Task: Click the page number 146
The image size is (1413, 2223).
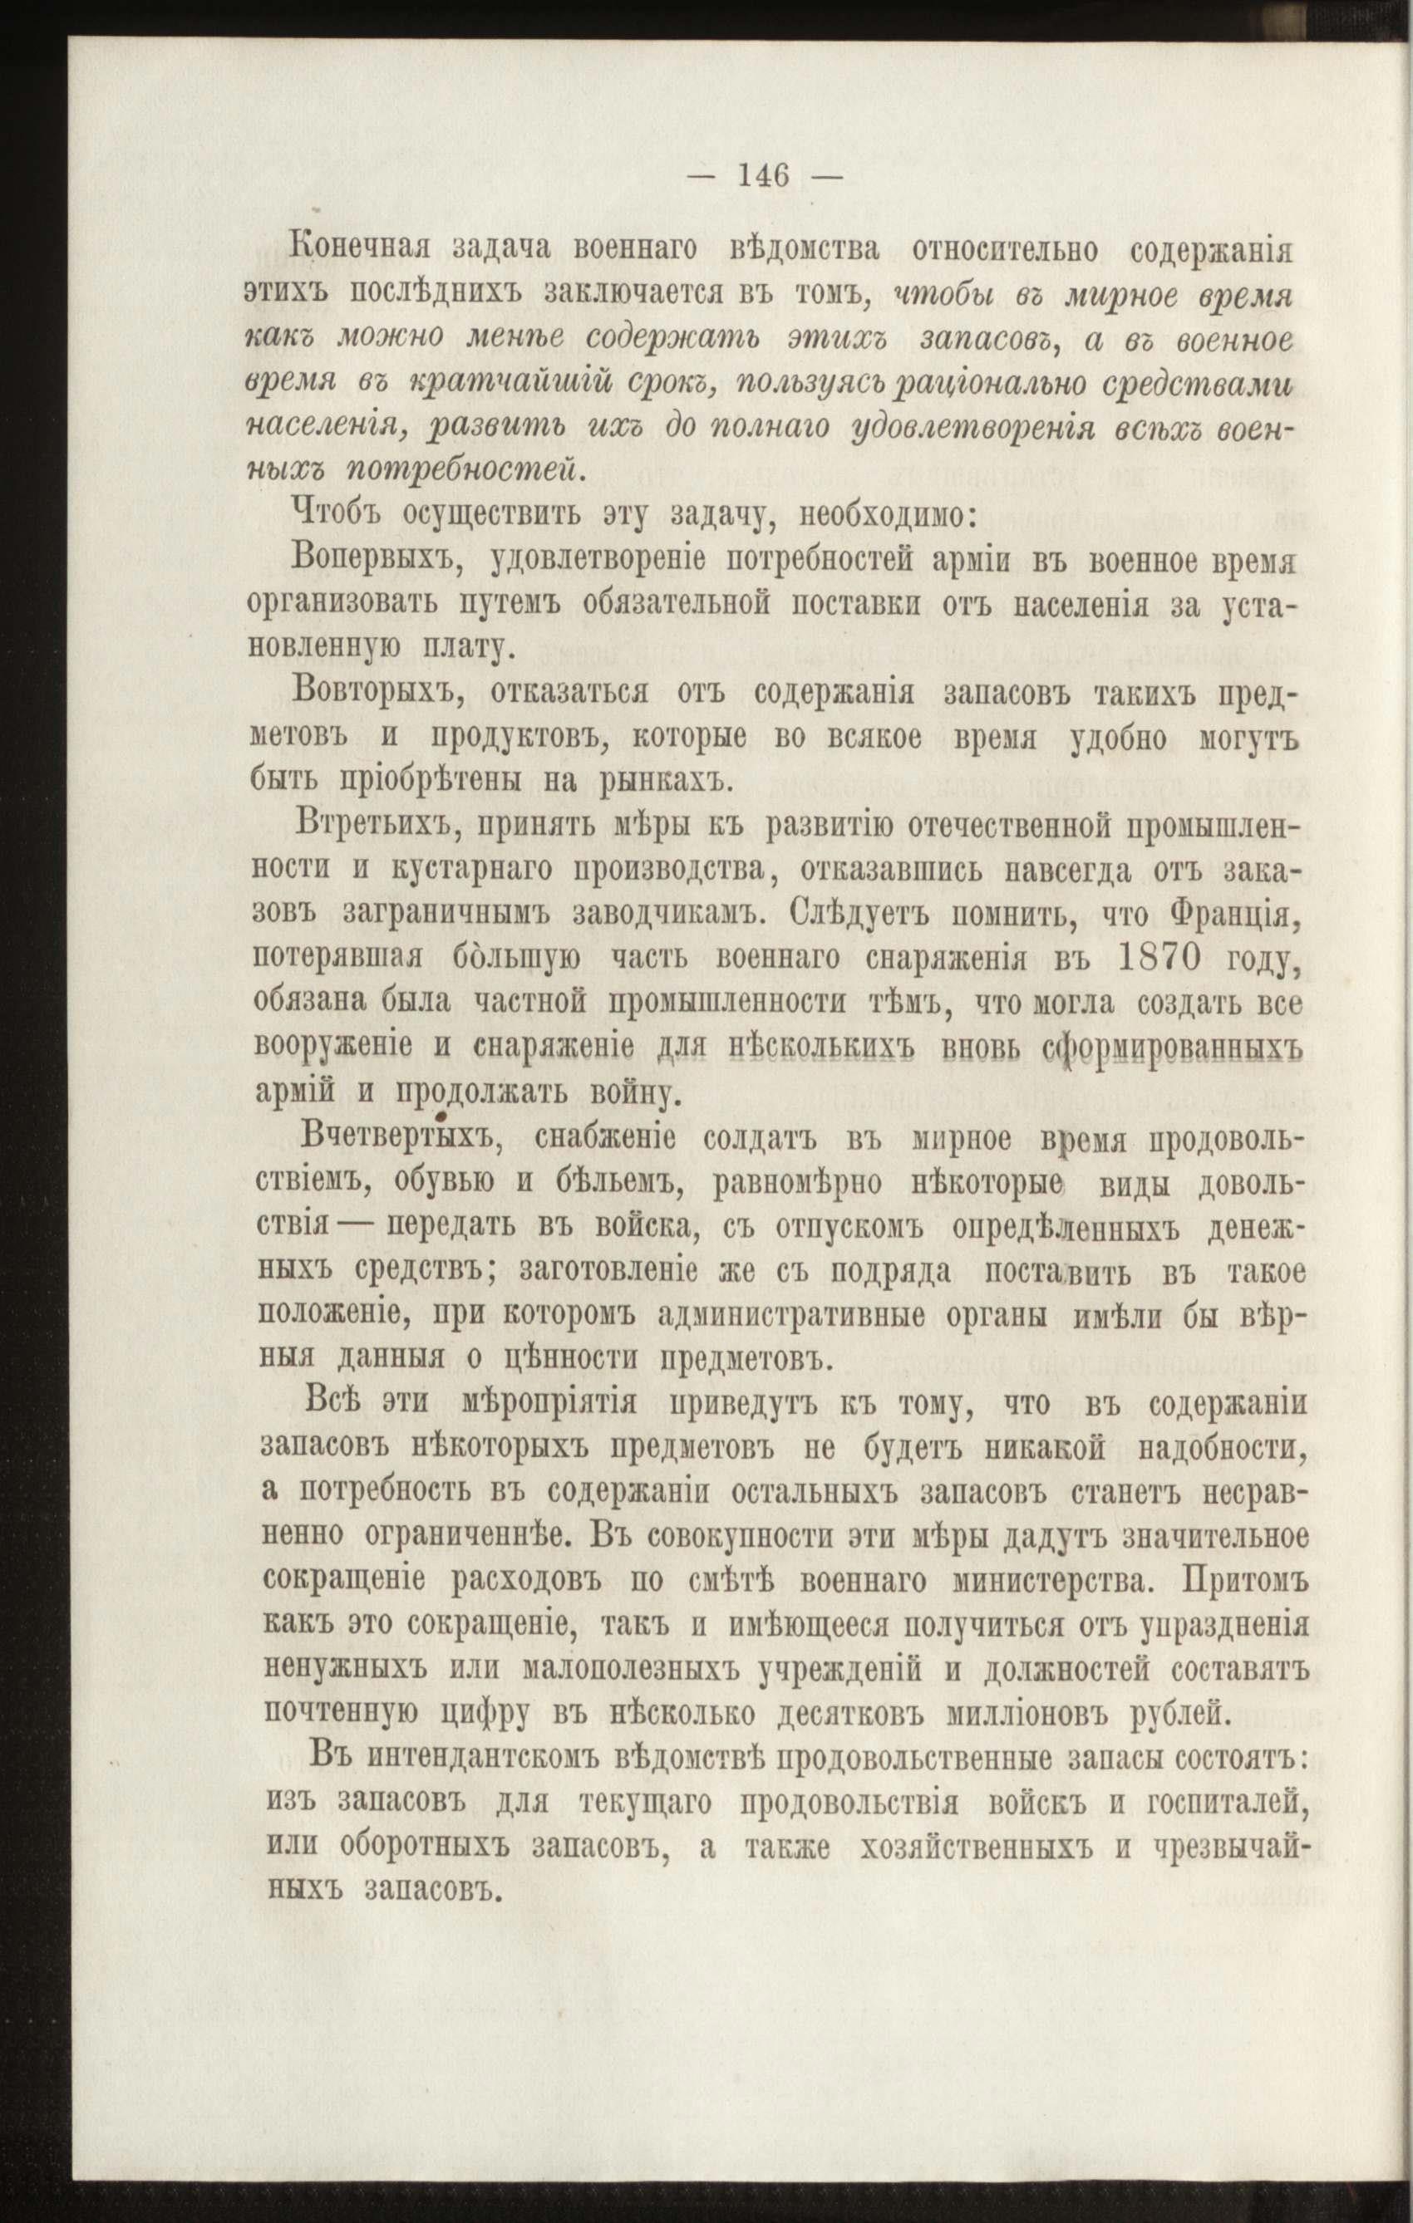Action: [x=764, y=174]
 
